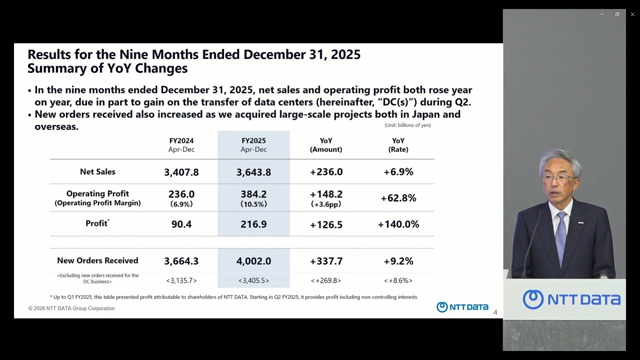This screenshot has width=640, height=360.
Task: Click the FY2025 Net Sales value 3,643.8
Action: pyautogui.click(x=253, y=172)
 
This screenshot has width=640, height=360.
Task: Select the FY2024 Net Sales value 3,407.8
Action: pyautogui.click(x=181, y=172)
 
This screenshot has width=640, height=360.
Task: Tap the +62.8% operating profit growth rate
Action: pyautogui.click(x=398, y=198)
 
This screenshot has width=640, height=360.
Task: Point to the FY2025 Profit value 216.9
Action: pyautogui.click(x=253, y=224)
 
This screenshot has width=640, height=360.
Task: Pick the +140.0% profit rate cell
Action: pyautogui.click(x=398, y=224)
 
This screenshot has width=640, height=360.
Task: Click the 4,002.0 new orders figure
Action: pyautogui.click(x=253, y=261)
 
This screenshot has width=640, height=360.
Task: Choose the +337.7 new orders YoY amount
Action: pyautogui.click(x=326, y=261)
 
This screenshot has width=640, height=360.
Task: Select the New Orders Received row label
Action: pyautogui.click(x=97, y=260)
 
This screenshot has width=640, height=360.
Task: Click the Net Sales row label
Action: pyautogui.click(x=97, y=171)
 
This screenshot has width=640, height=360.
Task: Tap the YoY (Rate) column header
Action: pyautogui.click(x=398, y=145)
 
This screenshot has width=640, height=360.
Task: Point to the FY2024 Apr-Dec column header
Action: pyautogui.click(x=181, y=145)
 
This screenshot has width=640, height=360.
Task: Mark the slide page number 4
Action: pyautogui.click(x=495, y=312)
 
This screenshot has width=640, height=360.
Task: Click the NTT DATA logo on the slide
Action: pyautogui.click(x=462, y=307)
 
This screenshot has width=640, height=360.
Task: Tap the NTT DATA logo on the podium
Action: pyautogui.click(x=571, y=299)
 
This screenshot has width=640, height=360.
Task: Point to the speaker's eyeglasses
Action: pyautogui.click(x=557, y=177)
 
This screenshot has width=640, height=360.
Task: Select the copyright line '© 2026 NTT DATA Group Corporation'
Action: pyautogui.click(x=71, y=308)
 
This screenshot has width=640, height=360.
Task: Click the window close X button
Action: pyautogui.click(x=632, y=14)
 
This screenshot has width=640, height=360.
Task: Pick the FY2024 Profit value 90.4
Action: pyautogui.click(x=181, y=224)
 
